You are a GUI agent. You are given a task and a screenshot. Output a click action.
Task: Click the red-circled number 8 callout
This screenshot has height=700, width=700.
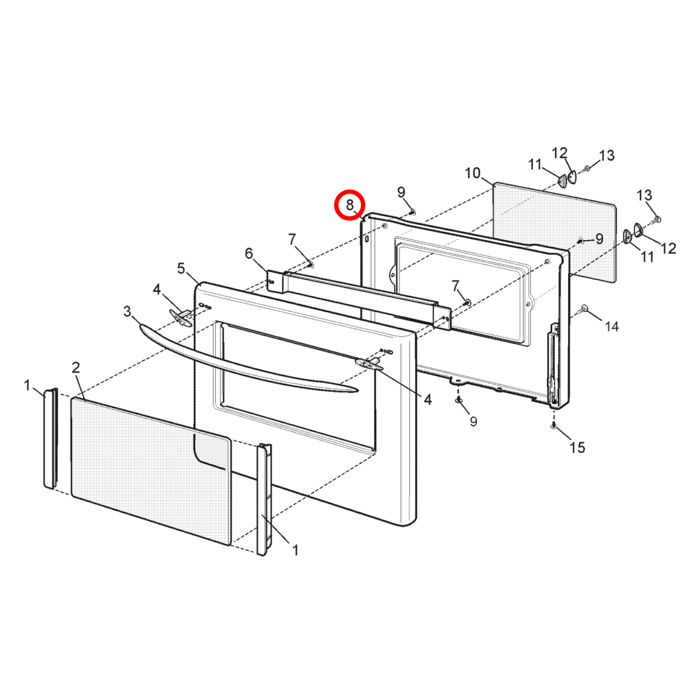coord(349,205)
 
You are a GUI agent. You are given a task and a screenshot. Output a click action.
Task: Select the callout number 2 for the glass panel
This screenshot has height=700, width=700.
coord(76,368)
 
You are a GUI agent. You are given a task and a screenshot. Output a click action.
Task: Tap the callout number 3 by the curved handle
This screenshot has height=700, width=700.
coord(127,311)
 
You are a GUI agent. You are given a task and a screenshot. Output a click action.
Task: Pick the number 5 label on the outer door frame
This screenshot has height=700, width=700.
coord(181,268)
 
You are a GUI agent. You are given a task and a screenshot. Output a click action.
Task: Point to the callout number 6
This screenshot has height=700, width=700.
coord(249,253)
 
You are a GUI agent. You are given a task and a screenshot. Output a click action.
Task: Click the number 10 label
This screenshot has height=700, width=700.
coord(472,173)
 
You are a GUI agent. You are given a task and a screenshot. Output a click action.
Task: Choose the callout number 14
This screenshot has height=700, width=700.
coord(612,327)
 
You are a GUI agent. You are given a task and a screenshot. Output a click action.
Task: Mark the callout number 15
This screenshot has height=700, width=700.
coord(577,447)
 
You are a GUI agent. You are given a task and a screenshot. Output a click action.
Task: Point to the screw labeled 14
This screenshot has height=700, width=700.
coord(585,308)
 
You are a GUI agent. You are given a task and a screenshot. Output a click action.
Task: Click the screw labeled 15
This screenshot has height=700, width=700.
coord(553,425)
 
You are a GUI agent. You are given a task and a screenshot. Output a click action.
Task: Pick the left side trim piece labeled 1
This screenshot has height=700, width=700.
coord(50,438)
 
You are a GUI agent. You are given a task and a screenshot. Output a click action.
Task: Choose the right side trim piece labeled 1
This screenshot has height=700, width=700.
coord(264,499)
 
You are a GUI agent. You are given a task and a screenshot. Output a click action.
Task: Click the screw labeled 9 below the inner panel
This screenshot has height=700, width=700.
coord(458,400)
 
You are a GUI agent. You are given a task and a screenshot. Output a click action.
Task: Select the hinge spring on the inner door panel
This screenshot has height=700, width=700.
coord(552,363)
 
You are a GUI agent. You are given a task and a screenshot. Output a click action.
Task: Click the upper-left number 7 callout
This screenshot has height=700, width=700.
coord(292,239)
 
